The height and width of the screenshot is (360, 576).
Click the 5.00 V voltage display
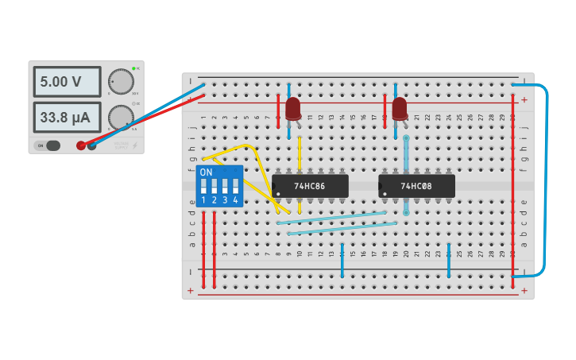coord(67,81)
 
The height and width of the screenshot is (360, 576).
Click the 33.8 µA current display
coord(67,118)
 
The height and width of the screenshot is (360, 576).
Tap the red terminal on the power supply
coord(80,145)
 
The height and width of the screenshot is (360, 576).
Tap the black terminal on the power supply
coord(91,145)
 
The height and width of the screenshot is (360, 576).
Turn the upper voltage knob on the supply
coord(120,81)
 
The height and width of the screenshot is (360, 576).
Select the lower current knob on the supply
coord(120,117)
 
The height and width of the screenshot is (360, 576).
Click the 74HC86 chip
coord(310,186)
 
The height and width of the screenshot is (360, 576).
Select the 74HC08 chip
coord(416,186)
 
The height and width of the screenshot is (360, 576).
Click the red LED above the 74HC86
coord(293,107)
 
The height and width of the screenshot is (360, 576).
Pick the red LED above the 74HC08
coord(400,107)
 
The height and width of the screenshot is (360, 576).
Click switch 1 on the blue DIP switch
coord(204,187)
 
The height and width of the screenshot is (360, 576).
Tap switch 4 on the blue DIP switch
coord(235,187)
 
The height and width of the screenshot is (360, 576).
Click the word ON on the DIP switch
coord(207,172)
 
